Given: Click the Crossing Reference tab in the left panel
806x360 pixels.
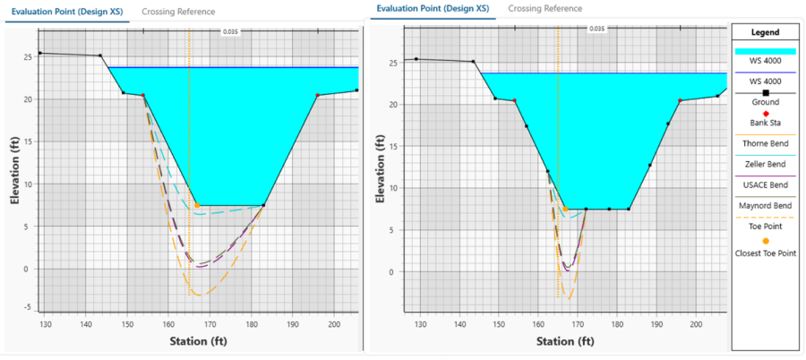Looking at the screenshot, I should (x=178, y=12).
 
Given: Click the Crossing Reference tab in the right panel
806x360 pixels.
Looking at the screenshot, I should (x=544, y=8).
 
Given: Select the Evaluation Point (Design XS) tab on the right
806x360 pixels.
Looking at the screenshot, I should (x=433, y=8).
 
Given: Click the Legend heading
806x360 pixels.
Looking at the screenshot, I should (x=764, y=31).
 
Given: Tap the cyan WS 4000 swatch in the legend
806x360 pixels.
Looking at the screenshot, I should (x=764, y=52).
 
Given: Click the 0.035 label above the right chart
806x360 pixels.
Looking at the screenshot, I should (x=596, y=28).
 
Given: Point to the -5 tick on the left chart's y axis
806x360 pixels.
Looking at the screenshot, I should (x=27, y=307).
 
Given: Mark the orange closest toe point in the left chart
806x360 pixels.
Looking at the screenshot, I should (x=197, y=205).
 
